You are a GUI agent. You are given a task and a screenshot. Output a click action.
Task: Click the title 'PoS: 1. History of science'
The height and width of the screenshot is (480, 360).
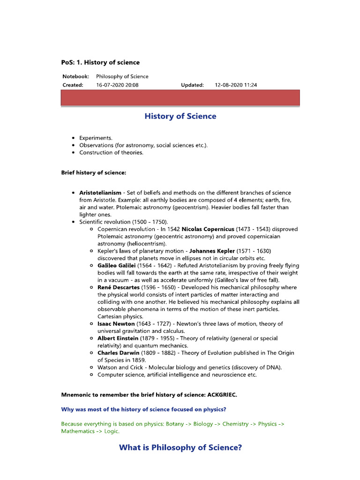click(x=100, y=62)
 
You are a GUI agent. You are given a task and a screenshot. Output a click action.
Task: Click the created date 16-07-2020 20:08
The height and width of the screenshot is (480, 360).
click(x=117, y=85)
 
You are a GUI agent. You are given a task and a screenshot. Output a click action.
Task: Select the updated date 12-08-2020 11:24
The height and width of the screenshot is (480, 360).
click(x=236, y=85)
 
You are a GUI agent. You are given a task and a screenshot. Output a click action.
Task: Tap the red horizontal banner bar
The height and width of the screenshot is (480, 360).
click(x=180, y=98)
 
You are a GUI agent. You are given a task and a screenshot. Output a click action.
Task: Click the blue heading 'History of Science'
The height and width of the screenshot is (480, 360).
click(x=180, y=116)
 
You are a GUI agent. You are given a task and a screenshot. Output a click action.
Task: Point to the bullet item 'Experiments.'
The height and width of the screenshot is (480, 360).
click(x=96, y=138)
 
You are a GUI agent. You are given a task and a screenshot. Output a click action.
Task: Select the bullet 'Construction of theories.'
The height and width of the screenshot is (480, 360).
click(x=111, y=152)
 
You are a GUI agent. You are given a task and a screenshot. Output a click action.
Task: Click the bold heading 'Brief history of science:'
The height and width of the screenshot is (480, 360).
click(x=94, y=172)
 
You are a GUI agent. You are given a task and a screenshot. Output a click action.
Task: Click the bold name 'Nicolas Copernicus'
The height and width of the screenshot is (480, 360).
click(x=208, y=229)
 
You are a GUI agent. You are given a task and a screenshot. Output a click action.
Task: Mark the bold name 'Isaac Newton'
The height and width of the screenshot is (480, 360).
click(x=116, y=324)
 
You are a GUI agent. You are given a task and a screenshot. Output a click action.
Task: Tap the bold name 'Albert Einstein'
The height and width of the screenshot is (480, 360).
click(x=118, y=338)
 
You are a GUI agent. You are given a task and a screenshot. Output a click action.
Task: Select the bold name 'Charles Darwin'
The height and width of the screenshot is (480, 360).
click(x=119, y=353)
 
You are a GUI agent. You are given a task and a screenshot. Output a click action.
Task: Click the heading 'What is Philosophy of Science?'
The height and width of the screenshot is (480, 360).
click(x=180, y=448)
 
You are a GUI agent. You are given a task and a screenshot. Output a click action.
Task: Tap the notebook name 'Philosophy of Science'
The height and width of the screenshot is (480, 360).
click(x=122, y=76)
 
